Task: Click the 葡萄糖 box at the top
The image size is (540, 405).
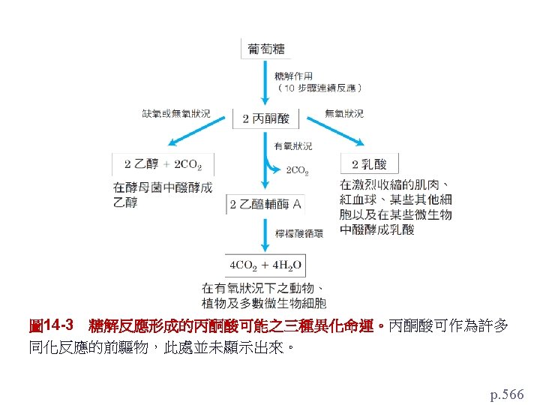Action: (266, 49)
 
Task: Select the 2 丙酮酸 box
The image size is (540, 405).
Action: (266, 118)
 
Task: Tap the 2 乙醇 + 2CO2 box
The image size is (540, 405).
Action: (163, 164)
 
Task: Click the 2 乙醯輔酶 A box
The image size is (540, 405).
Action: (266, 204)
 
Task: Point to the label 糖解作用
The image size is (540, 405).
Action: (294, 76)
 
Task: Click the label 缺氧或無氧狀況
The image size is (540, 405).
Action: (176, 113)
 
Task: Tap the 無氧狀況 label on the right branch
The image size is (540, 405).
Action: (343, 113)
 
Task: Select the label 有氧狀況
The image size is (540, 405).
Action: (294, 146)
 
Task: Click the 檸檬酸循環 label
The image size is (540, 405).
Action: (300, 233)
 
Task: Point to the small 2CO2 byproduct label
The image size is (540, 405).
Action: (298, 171)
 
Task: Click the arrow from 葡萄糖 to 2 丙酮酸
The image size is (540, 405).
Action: (265, 82)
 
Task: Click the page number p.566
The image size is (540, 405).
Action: (507, 393)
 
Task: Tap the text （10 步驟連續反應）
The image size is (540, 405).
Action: (320, 87)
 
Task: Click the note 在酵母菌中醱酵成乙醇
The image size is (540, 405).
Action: (163, 193)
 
